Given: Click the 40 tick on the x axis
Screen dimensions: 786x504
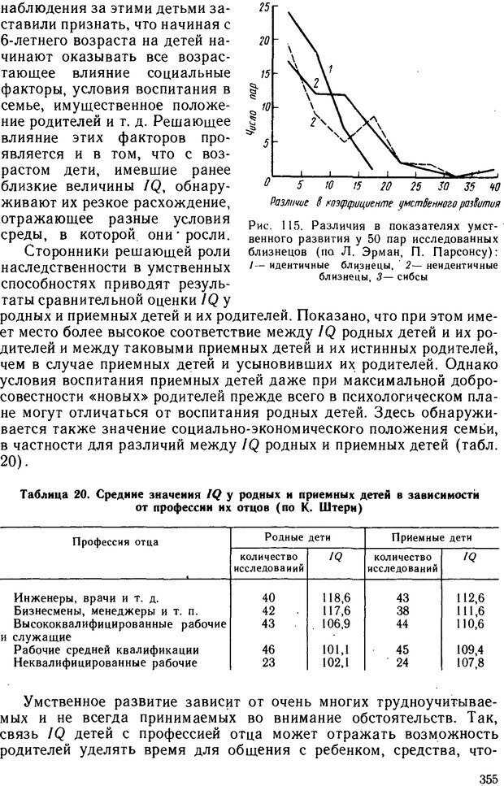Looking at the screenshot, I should coord(495,186).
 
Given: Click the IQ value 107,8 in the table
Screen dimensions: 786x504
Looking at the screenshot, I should coord(470,662).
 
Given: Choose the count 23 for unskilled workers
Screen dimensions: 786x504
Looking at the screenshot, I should coord(269,662).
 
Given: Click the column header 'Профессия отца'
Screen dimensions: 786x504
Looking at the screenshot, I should coord(115,541).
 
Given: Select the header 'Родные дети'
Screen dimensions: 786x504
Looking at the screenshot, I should coord(297,537).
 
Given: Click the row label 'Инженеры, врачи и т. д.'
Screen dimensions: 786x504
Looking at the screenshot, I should coord(91,599).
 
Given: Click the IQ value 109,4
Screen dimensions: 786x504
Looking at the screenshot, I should coord(470,650).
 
